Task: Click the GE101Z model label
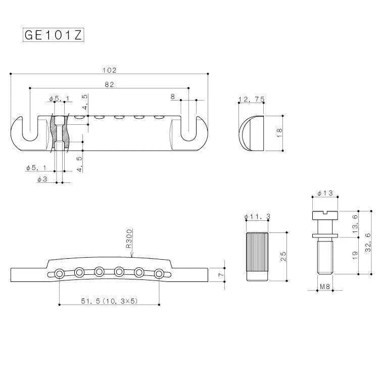point(53,35)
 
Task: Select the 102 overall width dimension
point(109,70)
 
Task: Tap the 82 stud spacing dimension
point(109,84)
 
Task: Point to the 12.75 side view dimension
point(251,100)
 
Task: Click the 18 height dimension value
point(279,132)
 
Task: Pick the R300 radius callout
point(129,237)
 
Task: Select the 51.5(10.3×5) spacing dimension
point(110,301)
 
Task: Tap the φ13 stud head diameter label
point(325,194)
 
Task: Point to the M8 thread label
point(325,287)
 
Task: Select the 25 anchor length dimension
point(283,257)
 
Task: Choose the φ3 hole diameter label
point(43,179)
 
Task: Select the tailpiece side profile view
point(251,132)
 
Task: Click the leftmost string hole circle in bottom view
point(60,273)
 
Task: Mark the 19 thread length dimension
point(355,256)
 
